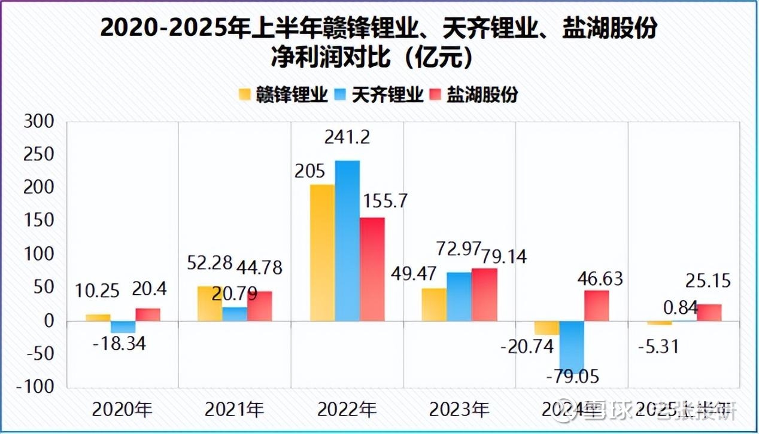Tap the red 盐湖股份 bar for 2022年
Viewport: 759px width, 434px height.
click(372, 269)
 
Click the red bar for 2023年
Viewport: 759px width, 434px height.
click(484, 295)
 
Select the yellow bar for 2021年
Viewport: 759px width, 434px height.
click(210, 304)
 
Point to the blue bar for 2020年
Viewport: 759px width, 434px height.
click(123, 327)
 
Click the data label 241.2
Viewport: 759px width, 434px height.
click(347, 138)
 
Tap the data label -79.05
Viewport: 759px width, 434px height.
click(573, 377)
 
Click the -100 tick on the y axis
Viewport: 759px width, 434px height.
click(37, 387)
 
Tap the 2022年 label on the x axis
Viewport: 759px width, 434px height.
click(347, 410)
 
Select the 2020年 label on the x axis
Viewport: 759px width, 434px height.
click(122, 410)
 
